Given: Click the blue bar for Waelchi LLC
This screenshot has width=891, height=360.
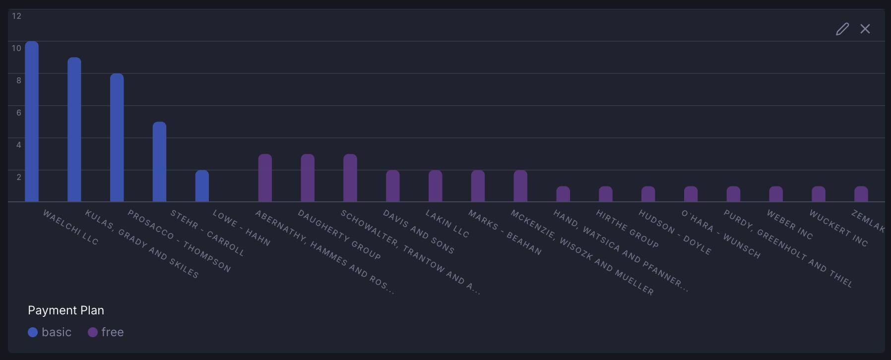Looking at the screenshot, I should pyautogui.click(x=32, y=121).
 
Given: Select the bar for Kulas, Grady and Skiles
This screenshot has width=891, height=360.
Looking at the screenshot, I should pyautogui.click(x=74, y=129).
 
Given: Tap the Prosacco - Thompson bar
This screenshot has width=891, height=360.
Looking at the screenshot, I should pyautogui.click(x=117, y=137).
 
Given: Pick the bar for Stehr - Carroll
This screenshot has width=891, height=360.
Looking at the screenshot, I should pyautogui.click(x=159, y=162).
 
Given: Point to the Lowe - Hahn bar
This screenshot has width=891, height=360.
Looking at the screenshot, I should pyautogui.click(x=202, y=186).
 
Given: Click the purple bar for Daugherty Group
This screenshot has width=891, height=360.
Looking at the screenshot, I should pyautogui.click(x=308, y=178).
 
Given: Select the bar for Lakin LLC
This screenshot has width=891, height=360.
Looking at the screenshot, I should pyautogui.click(x=435, y=186).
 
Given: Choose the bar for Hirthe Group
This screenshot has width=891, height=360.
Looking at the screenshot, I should pyautogui.click(x=606, y=194).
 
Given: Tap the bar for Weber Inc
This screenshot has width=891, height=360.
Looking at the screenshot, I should pyautogui.click(x=776, y=194).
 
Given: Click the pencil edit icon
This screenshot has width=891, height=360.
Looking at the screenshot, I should pyautogui.click(x=842, y=29).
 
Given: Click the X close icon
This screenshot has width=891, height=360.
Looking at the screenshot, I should pyautogui.click(x=865, y=29).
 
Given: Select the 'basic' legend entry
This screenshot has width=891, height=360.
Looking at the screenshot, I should pyautogui.click(x=50, y=332).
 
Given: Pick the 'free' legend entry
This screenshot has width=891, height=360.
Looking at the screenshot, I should pyautogui.click(x=106, y=332).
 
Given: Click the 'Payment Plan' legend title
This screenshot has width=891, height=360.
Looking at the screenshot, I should pyautogui.click(x=66, y=310).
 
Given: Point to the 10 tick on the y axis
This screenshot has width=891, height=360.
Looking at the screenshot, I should pyautogui.click(x=16, y=48).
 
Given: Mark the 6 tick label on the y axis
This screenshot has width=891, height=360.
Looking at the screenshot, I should pyautogui.click(x=19, y=113).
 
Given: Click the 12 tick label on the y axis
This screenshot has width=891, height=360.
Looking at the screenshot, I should pyautogui.click(x=16, y=16).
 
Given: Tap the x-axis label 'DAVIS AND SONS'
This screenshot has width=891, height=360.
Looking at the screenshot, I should pyautogui.click(x=418, y=232).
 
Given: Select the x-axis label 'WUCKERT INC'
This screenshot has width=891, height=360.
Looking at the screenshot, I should pyautogui.click(x=838, y=228).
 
